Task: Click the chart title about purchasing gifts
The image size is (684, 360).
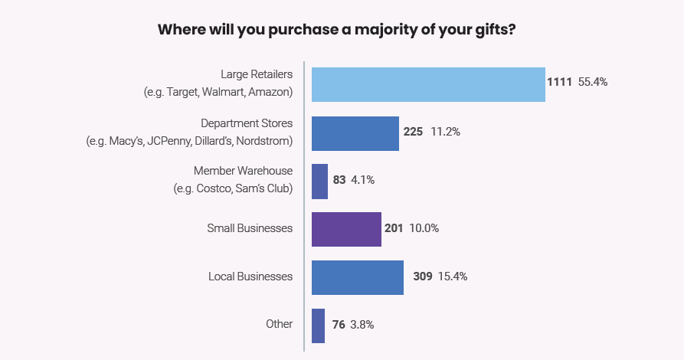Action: click(x=342, y=31)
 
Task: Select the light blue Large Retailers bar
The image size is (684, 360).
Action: click(x=428, y=84)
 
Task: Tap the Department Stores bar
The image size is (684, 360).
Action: click(x=355, y=133)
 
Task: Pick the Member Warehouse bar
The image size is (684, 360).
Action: click(x=320, y=181)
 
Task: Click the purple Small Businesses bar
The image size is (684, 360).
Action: click(x=346, y=229)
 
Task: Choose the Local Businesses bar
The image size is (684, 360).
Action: click(x=358, y=277)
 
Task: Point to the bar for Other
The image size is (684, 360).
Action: click(x=319, y=325)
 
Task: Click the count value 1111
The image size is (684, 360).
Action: click(x=559, y=82)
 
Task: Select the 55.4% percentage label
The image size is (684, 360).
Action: click(x=592, y=82)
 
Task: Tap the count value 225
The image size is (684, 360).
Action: click(x=413, y=132)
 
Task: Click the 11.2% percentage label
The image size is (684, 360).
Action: click(x=445, y=132)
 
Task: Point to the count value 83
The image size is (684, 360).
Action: click(x=339, y=180)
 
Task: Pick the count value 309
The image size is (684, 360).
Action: click(x=423, y=277)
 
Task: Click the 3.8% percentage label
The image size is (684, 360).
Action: click(x=362, y=325)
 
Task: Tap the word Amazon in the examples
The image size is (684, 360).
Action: click(x=270, y=93)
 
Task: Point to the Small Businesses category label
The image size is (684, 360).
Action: click(x=250, y=228)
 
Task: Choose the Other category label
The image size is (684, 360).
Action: click(x=279, y=324)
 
